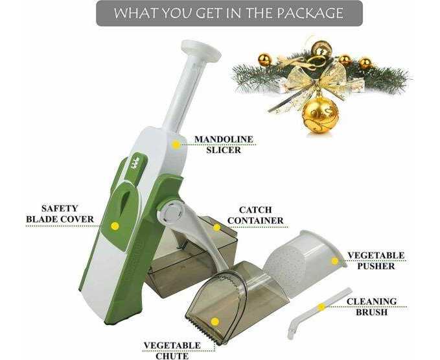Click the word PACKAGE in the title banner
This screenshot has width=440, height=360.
coord(310,13)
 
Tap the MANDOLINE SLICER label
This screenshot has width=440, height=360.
coord(224,145)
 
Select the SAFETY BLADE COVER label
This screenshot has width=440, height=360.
coord(60,214)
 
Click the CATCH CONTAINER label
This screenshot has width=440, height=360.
coord(255,215)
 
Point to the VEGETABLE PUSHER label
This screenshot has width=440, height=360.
coord(376,261)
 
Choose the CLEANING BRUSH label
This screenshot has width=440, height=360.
coord(371,307)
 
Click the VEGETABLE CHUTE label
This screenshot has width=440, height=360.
coord(172,350)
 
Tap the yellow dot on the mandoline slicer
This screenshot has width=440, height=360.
coord(176,145)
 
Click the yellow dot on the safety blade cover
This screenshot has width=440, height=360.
coord(115,226)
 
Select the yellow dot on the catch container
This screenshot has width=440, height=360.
coord(216,228)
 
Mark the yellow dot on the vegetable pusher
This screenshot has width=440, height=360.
coord(334,261)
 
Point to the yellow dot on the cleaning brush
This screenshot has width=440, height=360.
coord(321,307)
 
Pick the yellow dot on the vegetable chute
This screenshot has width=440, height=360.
coord(215,322)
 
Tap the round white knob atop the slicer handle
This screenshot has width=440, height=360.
coord(200,51)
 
